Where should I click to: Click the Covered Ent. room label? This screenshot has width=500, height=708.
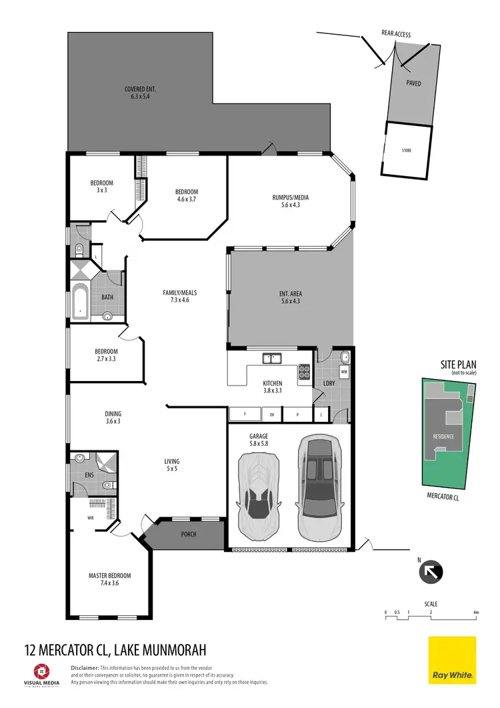pos(140,93)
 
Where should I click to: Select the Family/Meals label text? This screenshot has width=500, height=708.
pos(180,296)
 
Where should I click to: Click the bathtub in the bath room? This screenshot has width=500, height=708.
pos(81,302)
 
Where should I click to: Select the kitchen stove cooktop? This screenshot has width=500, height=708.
pos(305,371)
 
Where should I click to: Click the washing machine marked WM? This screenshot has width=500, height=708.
pos(344,370)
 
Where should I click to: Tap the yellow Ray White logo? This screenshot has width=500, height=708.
pos(451,660)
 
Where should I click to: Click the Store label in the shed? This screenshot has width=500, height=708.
pos(406,151)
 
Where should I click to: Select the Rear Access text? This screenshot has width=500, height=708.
pos(396,33)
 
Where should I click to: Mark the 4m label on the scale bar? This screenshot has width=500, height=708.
pos(475,612)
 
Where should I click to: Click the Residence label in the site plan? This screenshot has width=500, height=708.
pos(443,437)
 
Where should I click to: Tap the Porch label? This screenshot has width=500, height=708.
pos(189,535)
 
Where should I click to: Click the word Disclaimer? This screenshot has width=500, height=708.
pos(85,667)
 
